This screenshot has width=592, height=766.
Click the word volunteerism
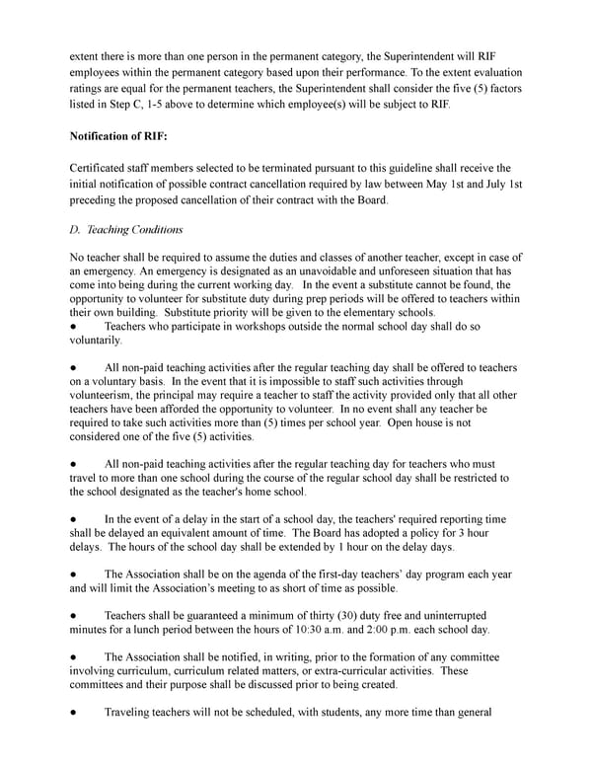[x=108, y=396]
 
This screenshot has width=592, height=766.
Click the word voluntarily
[x=96, y=341]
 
